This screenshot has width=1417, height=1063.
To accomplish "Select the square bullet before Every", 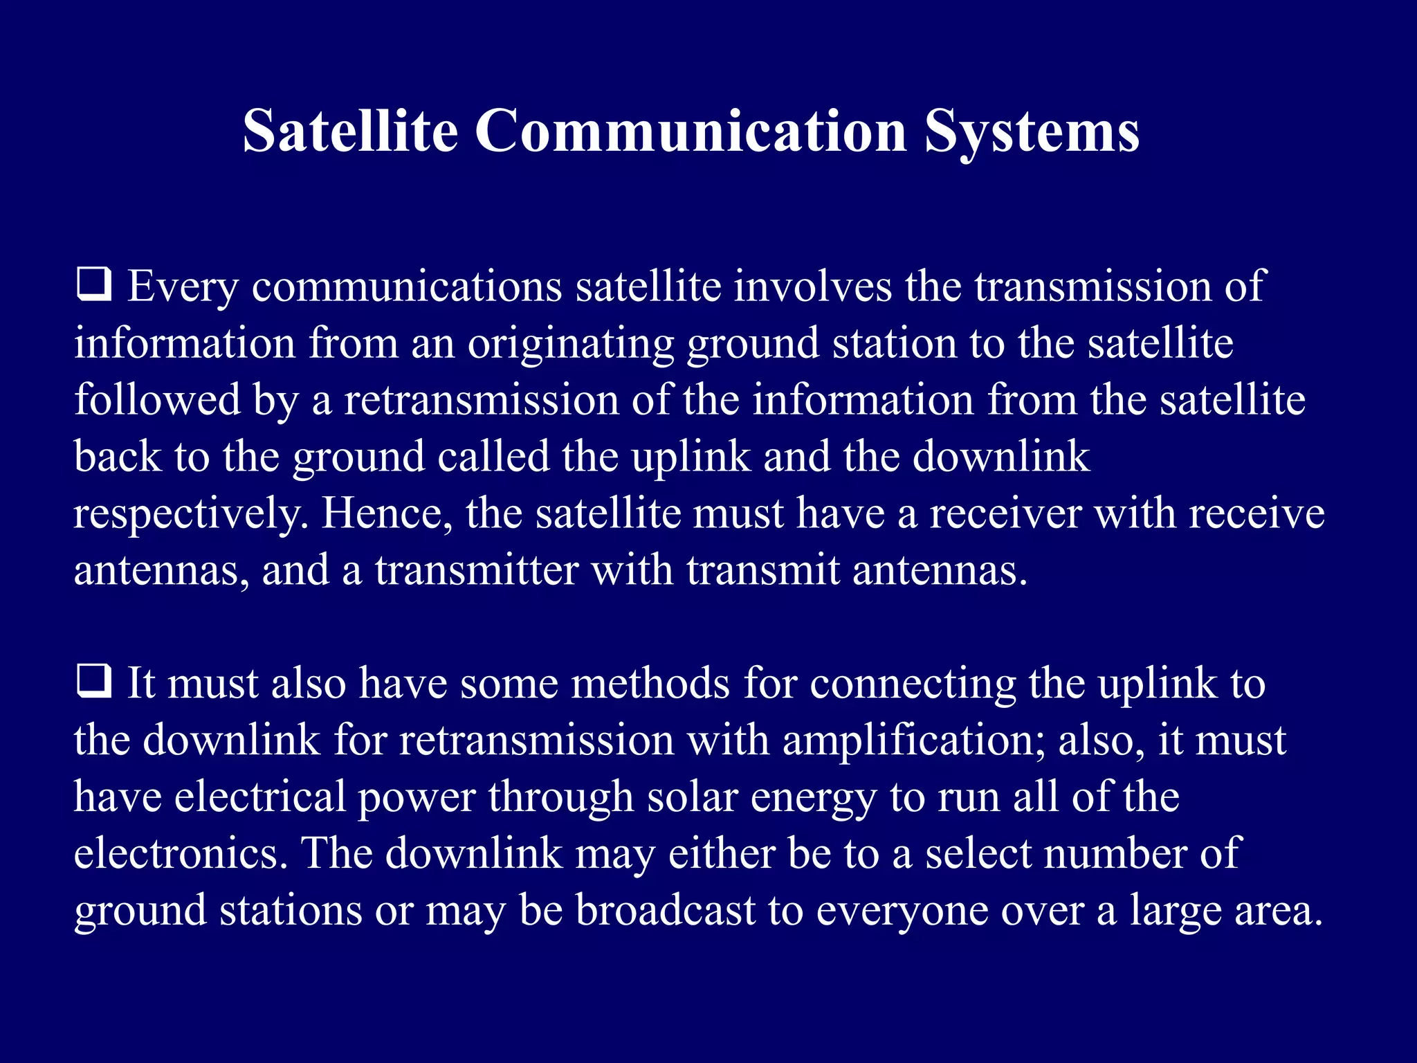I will [x=93, y=286].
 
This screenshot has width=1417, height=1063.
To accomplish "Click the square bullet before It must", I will [x=93, y=682].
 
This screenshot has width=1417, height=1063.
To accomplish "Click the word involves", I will [x=812, y=286].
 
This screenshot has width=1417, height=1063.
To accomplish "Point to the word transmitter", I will [x=476, y=570].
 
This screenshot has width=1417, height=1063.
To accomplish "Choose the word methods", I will [x=650, y=683].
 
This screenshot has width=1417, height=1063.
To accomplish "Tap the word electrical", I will [x=259, y=797].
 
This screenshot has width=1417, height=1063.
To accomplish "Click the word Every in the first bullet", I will [x=183, y=287].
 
